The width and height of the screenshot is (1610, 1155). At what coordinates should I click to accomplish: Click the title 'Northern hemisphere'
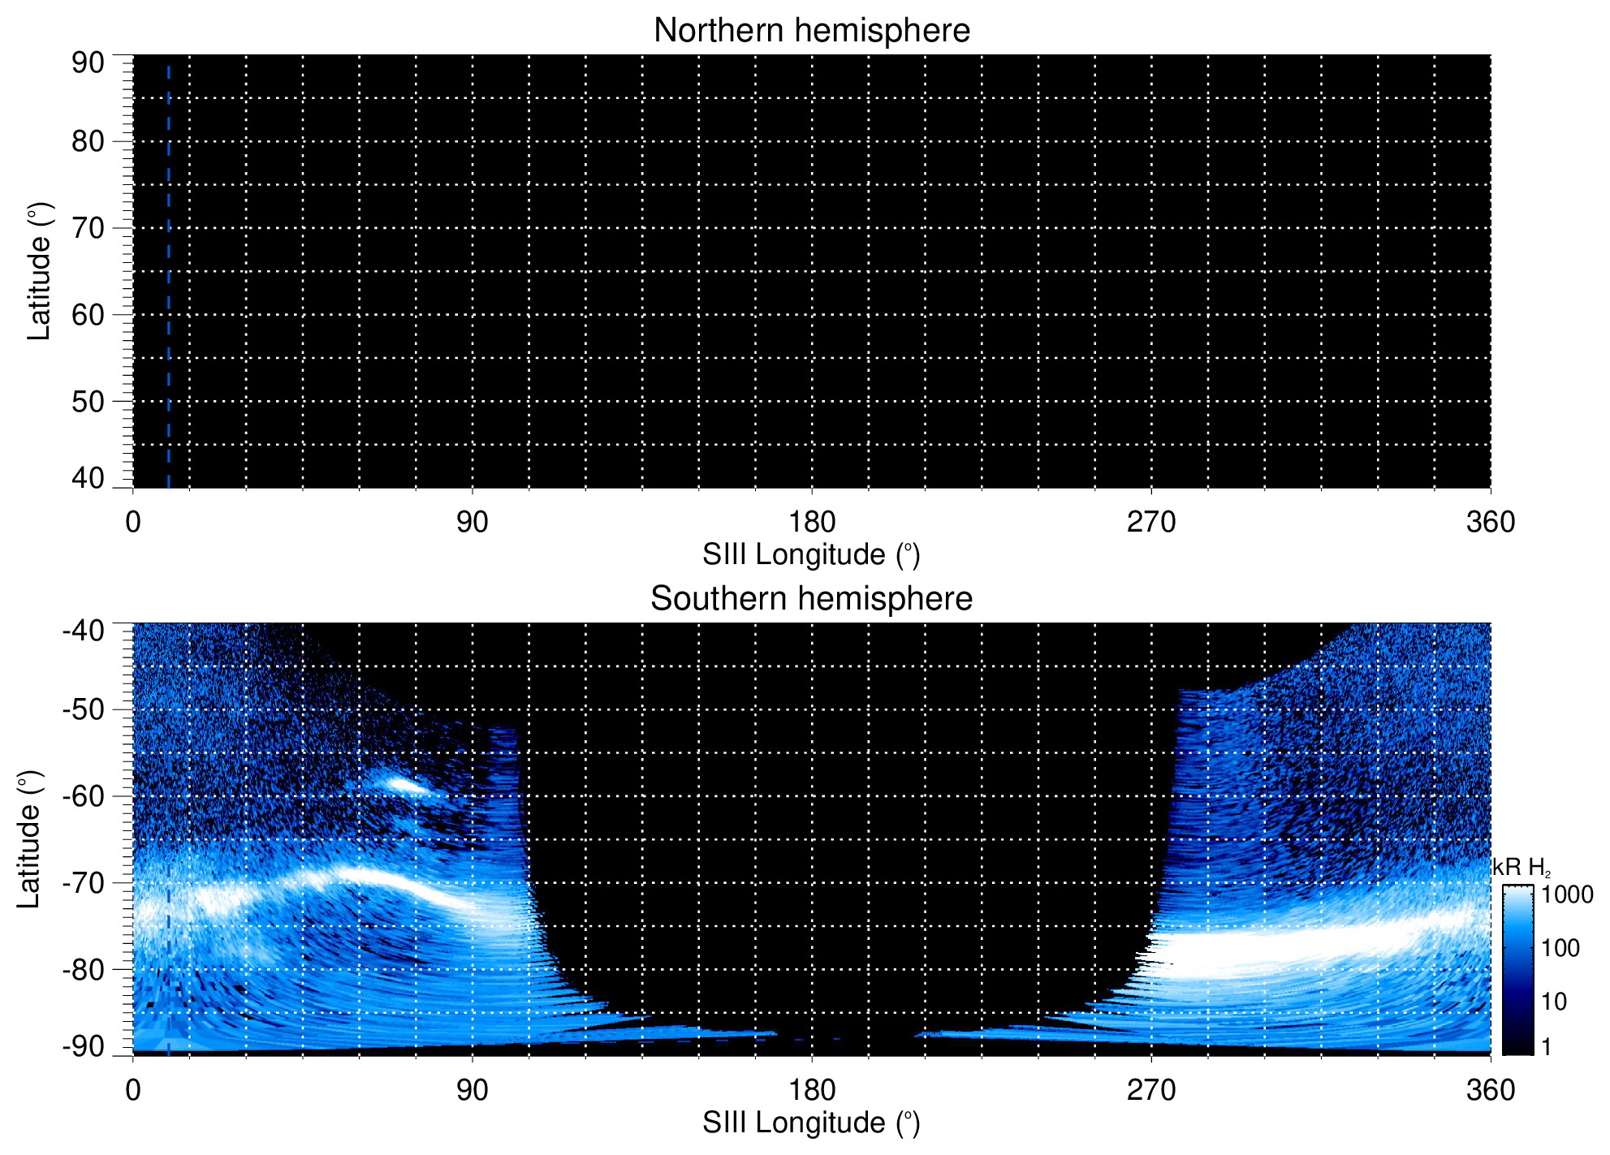811,31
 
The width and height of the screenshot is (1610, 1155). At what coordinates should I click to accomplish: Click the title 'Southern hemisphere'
811,599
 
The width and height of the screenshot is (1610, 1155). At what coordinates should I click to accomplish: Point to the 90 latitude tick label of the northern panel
88,63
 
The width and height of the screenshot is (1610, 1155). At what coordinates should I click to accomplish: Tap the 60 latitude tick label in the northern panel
88,315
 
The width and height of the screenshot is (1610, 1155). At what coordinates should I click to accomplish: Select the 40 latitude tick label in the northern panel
88,478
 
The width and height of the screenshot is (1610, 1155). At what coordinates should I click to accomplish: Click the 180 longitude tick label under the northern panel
812,522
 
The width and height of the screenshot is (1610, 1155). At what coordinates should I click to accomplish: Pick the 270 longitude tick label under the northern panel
1150,522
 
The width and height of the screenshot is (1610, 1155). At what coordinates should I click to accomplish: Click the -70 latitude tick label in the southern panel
83,883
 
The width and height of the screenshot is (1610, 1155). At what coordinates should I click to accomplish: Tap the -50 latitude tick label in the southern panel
83,709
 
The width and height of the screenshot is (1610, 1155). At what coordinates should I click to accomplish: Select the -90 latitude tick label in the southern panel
83,1046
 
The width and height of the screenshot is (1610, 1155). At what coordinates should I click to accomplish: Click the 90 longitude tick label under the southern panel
472,1090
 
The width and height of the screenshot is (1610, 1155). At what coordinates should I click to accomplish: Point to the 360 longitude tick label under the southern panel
1490,1090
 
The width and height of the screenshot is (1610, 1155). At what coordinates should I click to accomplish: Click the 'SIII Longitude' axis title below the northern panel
811,555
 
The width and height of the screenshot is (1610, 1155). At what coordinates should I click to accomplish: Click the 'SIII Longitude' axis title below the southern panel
811,1123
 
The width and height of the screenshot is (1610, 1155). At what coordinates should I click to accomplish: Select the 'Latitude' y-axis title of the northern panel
39,271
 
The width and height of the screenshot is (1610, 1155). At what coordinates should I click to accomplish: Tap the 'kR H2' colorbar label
1522,868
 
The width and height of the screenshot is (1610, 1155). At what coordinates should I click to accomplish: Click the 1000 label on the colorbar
1567,895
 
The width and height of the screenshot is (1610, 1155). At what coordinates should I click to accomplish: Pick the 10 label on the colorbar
1554,1002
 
